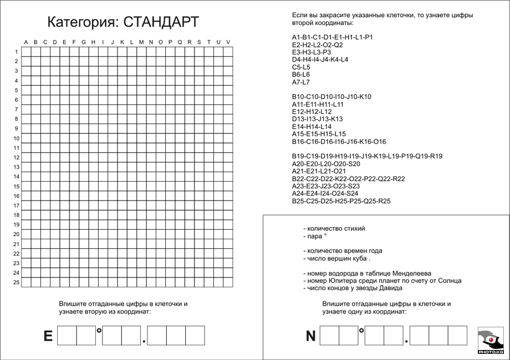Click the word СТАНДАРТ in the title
point(161,22)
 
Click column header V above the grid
point(228,42)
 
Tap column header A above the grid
point(25,42)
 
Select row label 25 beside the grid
point(17,282)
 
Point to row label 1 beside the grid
point(17,52)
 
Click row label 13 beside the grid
point(17,167)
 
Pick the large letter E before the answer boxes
point(48,336)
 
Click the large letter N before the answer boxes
point(310,336)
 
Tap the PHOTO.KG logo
point(491,340)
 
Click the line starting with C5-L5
point(301,67)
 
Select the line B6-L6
point(301,74)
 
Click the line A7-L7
point(301,82)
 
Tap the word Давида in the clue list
point(391,288)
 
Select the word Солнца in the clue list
point(447,281)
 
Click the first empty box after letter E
point(67,336)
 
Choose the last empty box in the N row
point(457,336)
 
